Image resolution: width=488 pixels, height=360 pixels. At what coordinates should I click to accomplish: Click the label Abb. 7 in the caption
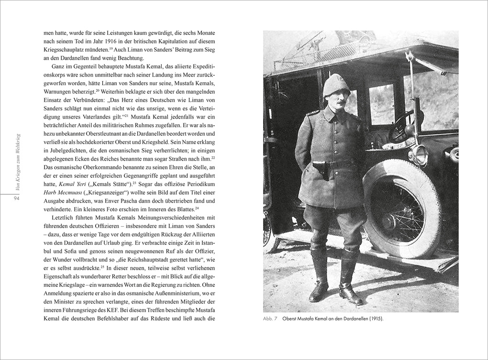coord(270,319)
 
